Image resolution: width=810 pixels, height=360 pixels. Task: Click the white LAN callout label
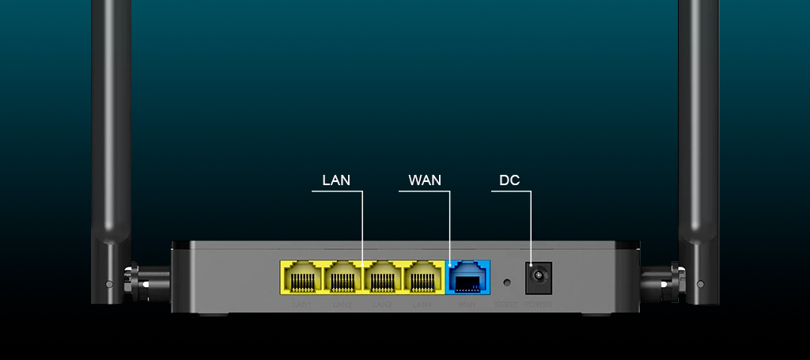(x=336, y=180)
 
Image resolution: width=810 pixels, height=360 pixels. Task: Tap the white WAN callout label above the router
(x=425, y=180)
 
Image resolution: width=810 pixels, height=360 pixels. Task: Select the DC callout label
(x=509, y=180)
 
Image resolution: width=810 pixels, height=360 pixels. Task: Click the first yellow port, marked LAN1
(x=301, y=278)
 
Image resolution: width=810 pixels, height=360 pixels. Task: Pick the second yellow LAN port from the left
(x=343, y=278)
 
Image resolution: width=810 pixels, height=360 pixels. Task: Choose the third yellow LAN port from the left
(x=383, y=278)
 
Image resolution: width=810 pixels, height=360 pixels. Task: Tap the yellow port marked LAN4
(x=423, y=278)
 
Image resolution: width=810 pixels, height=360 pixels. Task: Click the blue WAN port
(x=468, y=278)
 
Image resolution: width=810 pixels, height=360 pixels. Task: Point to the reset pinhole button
(x=507, y=281)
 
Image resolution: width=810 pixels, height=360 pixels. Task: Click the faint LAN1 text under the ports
(x=301, y=305)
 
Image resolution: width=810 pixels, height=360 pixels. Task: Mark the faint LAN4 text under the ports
(x=423, y=305)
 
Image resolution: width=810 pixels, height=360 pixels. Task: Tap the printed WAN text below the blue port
(x=467, y=305)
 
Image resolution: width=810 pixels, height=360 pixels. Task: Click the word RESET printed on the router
(x=506, y=305)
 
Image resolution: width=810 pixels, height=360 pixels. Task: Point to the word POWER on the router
(x=539, y=305)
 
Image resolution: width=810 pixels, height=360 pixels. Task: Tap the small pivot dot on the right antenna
(x=700, y=283)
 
